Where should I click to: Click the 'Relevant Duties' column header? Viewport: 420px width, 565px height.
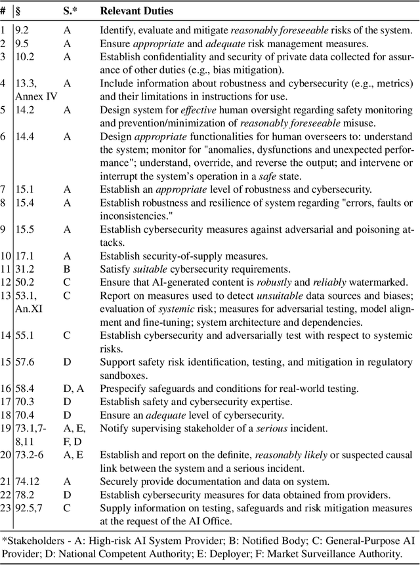click(x=136, y=12)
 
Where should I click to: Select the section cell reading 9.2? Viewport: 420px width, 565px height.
click(x=22, y=29)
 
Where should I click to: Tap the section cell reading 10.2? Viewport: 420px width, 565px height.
click(x=24, y=56)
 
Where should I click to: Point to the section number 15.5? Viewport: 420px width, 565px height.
click(x=24, y=229)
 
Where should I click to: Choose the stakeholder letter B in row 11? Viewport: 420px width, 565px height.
click(x=66, y=269)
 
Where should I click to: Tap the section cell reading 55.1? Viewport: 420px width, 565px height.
click(x=24, y=336)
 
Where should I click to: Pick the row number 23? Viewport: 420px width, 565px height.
click(x=6, y=508)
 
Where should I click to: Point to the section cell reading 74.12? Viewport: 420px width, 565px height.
click(x=27, y=482)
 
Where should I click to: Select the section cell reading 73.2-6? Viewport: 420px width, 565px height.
click(x=28, y=455)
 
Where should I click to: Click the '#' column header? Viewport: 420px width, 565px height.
click(x=4, y=12)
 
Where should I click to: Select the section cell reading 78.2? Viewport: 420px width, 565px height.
click(x=24, y=495)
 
